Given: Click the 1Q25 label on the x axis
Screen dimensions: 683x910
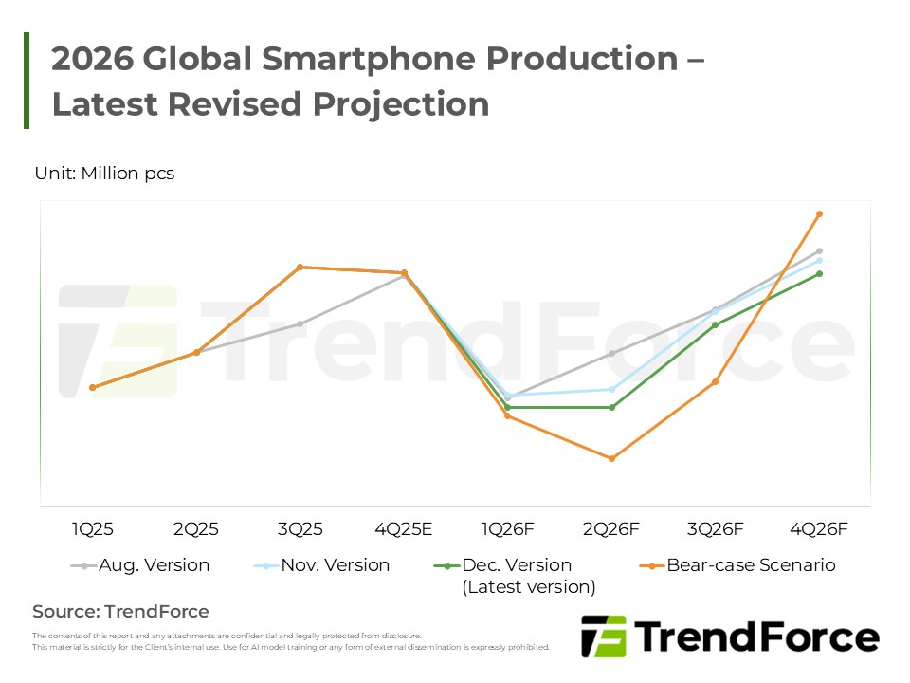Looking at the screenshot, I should [92, 528].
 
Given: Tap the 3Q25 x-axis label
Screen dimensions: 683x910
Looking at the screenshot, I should [300, 528].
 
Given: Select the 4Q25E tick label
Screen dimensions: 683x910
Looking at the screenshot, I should [405, 528].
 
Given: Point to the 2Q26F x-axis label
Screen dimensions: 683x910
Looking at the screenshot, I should [611, 528].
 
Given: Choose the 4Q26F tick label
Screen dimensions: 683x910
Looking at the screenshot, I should [819, 528].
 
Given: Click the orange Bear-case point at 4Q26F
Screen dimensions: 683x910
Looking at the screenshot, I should [819, 214].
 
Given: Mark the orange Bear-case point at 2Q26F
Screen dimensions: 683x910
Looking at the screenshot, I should [611, 458].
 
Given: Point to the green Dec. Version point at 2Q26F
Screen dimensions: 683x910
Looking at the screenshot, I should [611, 407].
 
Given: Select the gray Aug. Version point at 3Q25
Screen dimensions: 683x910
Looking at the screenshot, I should [300, 323].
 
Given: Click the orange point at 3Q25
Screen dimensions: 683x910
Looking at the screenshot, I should [300, 267].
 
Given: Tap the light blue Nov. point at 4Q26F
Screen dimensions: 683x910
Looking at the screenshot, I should [819, 260].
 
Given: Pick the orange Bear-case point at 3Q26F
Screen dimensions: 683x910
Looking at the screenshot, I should [716, 381].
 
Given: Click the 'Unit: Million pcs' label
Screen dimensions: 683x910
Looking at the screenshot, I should [104, 174].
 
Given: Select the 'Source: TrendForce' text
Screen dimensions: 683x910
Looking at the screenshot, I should [120, 612].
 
